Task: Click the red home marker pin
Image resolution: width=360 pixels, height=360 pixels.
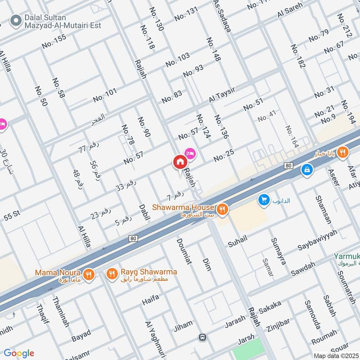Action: [180, 162]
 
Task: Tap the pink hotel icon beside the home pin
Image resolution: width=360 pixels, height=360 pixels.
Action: [190, 154]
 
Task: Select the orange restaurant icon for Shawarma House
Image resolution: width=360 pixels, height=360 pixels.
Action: [221, 209]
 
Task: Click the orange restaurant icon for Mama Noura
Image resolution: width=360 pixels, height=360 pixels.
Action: [89, 274]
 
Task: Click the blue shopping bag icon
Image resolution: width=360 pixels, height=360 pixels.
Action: [307, 170]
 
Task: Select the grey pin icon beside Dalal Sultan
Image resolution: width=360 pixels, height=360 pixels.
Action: [17, 20]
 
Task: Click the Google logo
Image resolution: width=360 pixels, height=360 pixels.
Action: [19, 353]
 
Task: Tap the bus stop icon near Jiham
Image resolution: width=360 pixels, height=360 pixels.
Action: [203, 337]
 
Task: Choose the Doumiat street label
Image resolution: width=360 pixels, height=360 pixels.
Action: [185, 259]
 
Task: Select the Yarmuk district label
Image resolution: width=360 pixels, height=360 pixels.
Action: [346, 257]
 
